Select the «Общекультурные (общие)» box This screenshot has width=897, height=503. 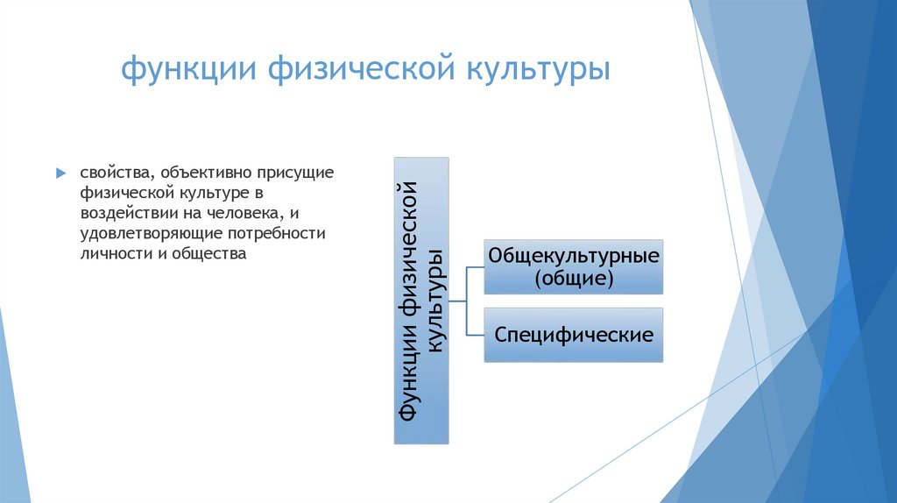574,266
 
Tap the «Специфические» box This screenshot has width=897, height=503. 574,335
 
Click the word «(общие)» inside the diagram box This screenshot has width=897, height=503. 574,279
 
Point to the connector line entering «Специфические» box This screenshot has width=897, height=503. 476,335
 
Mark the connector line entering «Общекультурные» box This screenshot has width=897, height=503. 476,266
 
